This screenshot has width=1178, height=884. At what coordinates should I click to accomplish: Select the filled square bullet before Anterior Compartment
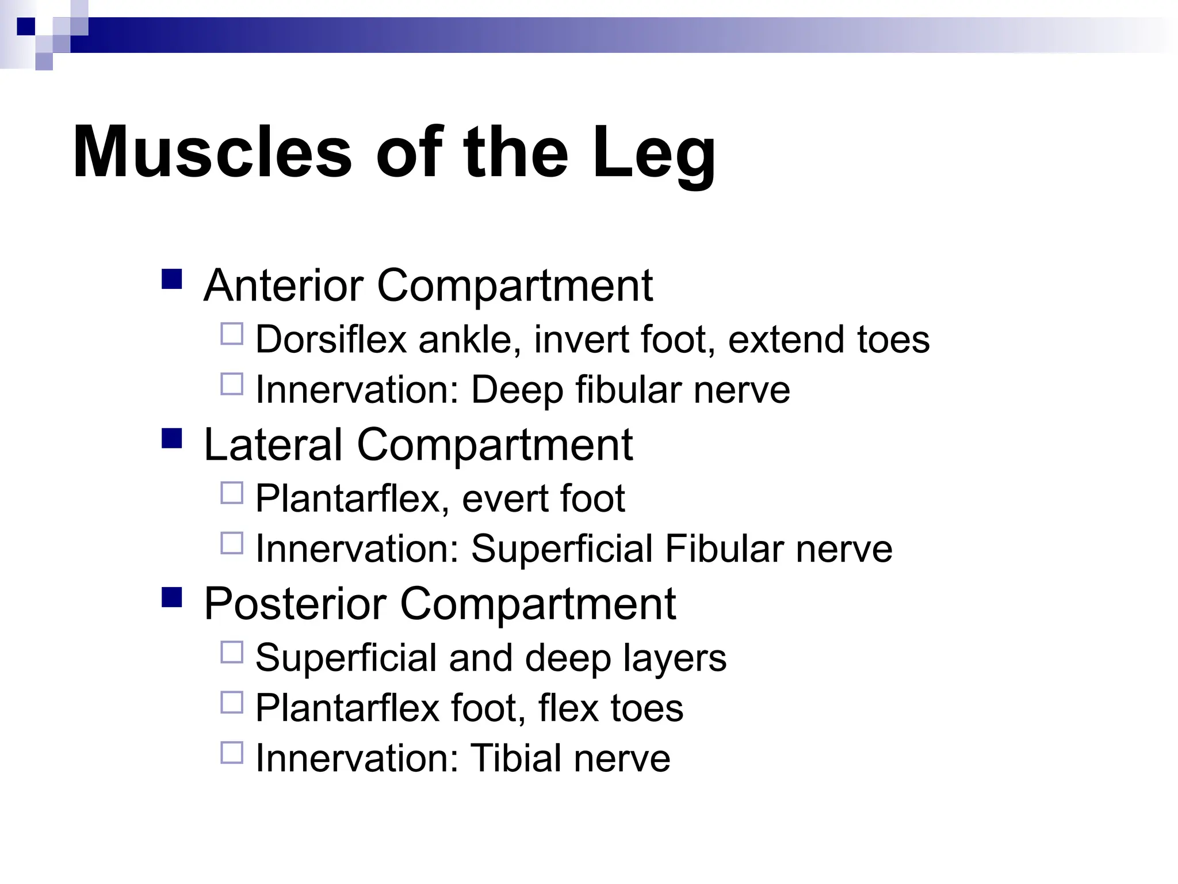[x=172, y=279]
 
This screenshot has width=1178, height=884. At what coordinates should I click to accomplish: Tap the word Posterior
[x=294, y=604]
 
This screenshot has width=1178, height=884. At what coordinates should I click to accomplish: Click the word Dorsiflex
[x=331, y=339]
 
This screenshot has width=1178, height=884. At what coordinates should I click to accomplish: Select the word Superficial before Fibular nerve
[x=561, y=548]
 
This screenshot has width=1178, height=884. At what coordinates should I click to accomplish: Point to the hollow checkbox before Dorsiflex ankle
[x=232, y=334]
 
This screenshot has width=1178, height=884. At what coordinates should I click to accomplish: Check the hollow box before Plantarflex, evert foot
[x=232, y=493]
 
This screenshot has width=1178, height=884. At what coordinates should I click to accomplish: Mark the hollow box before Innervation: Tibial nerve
[x=232, y=752]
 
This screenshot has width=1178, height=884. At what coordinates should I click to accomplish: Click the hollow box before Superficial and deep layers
[x=232, y=652]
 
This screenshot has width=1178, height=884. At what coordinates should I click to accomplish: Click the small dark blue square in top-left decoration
[x=26, y=26]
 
